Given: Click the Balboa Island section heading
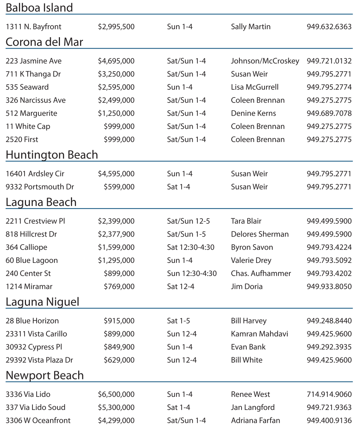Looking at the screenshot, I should tap(39, 8).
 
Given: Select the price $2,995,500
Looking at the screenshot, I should tap(116, 27).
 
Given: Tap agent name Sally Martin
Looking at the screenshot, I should tap(251, 27).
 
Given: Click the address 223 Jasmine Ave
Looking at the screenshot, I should tap(34, 61).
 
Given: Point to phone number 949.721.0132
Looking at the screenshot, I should tap(329, 61).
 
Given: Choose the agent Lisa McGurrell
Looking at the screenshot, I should tap(255, 87).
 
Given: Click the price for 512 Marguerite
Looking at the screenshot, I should tap(116, 114).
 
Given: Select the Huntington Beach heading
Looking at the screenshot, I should tap(52, 155).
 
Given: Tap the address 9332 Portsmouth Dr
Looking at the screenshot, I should tap(40, 187).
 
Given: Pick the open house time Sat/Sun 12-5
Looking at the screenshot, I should tap(189, 221).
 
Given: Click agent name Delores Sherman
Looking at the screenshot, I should tap(260, 234).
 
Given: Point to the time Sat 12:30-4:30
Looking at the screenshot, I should tap(191, 248).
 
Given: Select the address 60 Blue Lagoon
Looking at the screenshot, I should tap(32, 261).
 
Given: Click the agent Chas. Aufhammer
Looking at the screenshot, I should tap(261, 273).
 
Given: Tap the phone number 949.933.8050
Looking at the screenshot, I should tap(329, 287).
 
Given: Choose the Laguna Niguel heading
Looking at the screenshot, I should tap(42, 302).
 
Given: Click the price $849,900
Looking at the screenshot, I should tap(119, 347).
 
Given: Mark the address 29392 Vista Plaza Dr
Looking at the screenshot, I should tap(39, 360).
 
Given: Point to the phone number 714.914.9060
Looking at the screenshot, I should tap(329, 395).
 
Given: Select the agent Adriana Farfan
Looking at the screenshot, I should tap(255, 421).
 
